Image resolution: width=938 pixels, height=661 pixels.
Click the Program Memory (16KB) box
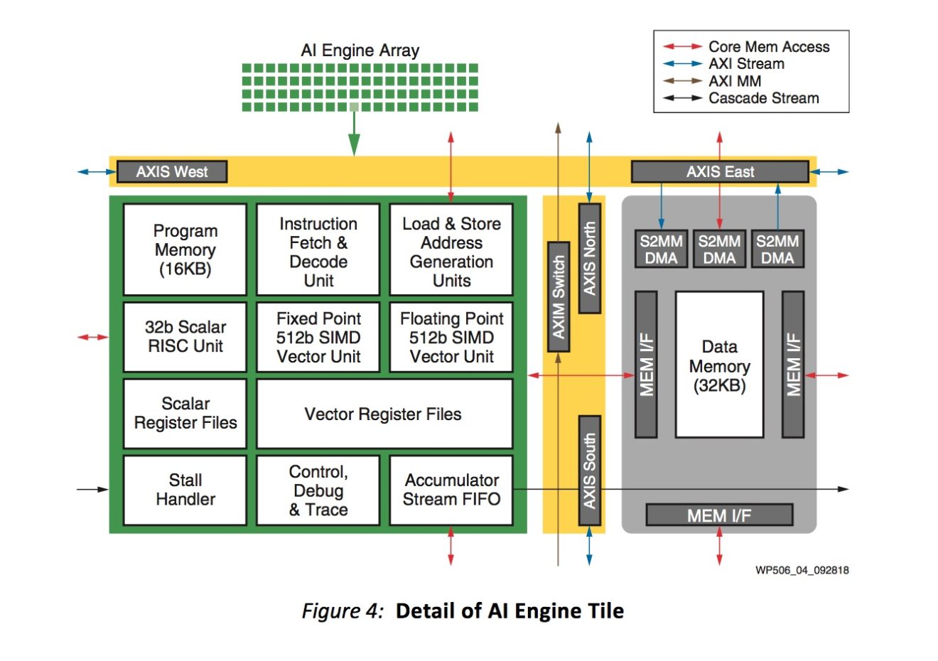pyautogui.click(x=185, y=249)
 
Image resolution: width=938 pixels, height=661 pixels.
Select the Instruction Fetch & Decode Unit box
pyautogui.click(x=318, y=249)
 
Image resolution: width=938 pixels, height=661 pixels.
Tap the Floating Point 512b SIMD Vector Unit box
pyautogui.click(x=451, y=337)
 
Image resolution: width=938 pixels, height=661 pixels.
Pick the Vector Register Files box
pyautogui.click(x=384, y=414)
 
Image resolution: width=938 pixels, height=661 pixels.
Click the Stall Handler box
pyautogui.click(x=185, y=490)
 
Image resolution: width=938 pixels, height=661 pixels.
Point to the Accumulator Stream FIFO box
pyautogui.click(x=451, y=490)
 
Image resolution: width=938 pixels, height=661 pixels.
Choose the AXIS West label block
pyautogui.click(x=172, y=171)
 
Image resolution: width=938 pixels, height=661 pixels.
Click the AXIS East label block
pyautogui.click(x=720, y=171)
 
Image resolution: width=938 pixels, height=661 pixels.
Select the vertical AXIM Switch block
pyautogui.click(x=559, y=296)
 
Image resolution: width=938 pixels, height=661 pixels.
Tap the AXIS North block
pyautogui.click(x=589, y=258)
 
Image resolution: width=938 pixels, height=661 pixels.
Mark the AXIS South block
pyautogui.click(x=589, y=471)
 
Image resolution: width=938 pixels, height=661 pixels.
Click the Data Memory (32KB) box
pyautogui.click(x=719, y=365)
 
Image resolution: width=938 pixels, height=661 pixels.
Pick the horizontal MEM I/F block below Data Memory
pyautogui.click(x=719, y=515)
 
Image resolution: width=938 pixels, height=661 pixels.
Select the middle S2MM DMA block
pyautogui.click(x=719, y=249)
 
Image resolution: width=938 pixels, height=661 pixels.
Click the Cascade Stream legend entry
pyautogui.click(x=763, y=98)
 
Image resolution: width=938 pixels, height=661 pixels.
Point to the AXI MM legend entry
pyautogui.click(x=734, y=81)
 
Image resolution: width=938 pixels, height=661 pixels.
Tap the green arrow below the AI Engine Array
pyautogui.click(x=354, y=134)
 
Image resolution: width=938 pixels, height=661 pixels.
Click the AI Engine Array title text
pyautogui.click(x=360, y=50)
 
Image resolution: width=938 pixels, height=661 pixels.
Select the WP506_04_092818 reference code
pyautogui.click(x=802, y=570)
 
